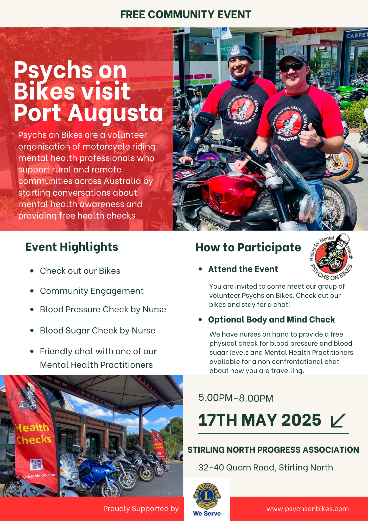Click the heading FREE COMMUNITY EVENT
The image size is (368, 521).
click(x=186, y=15)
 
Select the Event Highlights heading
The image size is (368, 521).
click(x=72, y=247)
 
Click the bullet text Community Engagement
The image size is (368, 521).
click(x=92, y=291)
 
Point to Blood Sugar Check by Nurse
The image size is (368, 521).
click(x=98, y=331)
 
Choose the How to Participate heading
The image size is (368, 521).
click(x=248, y=247)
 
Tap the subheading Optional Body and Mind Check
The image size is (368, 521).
click(x=271, y=320)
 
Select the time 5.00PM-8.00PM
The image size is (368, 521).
click(x=236, y=398)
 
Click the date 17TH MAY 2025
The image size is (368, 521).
click(x=260, y=420)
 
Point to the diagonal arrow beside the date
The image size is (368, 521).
click(x=338, y=420)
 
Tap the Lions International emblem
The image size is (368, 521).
click(x=207, y=496)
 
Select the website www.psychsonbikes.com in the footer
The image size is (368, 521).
click(x=308, y=509)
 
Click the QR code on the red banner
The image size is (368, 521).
click(x=36, y=464)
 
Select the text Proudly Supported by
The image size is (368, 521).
click(x=141, y=509)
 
